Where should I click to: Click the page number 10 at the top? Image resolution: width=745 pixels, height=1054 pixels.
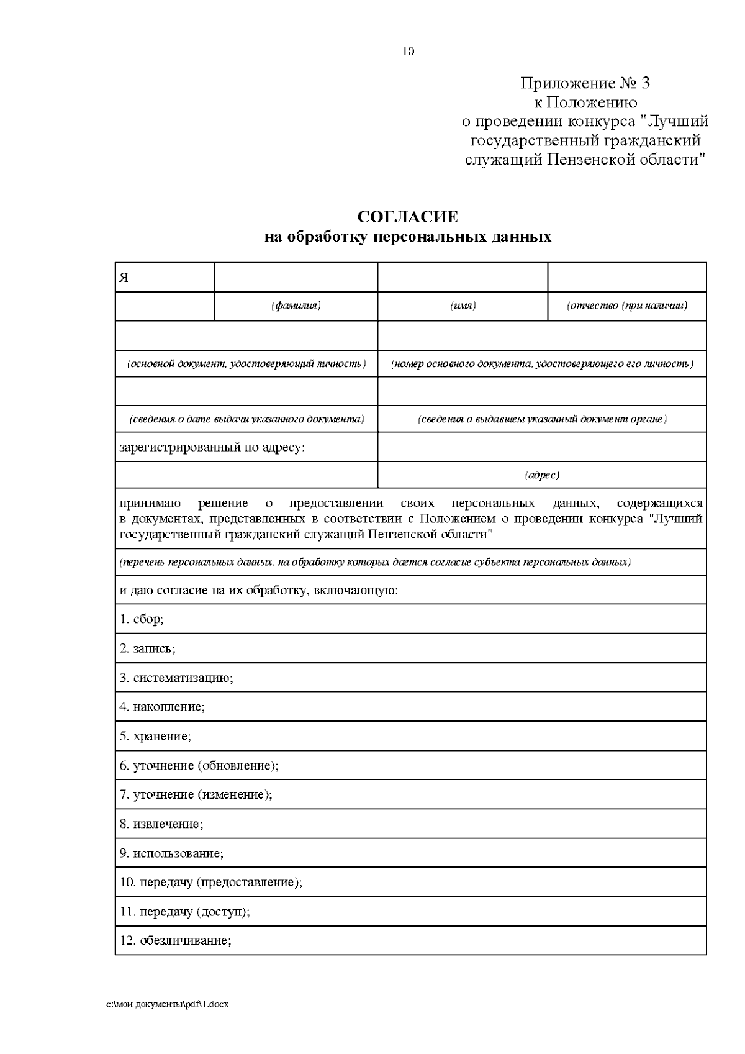(408, 52)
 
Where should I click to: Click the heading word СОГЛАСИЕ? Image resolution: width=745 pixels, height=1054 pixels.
(408, 217)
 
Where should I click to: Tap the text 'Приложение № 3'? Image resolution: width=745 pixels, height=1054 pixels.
(585, 83)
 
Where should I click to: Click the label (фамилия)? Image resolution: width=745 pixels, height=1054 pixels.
(296, 306)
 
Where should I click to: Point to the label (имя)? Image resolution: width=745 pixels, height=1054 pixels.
(463, 306)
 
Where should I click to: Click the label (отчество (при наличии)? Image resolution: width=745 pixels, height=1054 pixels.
(627, 306)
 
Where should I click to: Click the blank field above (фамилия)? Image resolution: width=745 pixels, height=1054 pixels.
(296, 277)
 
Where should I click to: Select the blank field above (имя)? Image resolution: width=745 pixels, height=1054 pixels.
(463, 277)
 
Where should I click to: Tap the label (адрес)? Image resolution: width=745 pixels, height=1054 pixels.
(542, 475)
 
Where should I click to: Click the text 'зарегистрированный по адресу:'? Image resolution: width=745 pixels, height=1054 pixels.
(212, 447)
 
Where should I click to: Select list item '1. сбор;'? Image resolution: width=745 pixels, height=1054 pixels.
(142, 619)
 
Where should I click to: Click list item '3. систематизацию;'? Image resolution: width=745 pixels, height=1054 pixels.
(176, 678)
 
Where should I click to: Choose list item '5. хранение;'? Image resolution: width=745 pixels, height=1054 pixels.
(155, 737)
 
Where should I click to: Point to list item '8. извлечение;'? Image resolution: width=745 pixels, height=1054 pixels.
(161, 824)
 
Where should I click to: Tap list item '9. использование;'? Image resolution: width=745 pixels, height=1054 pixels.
(171, 853)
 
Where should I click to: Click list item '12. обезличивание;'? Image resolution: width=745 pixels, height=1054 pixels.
(175, 941)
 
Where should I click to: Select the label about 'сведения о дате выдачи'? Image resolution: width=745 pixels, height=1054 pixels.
(246, 419)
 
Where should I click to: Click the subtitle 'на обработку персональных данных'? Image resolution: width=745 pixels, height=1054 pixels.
(408, 237)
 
